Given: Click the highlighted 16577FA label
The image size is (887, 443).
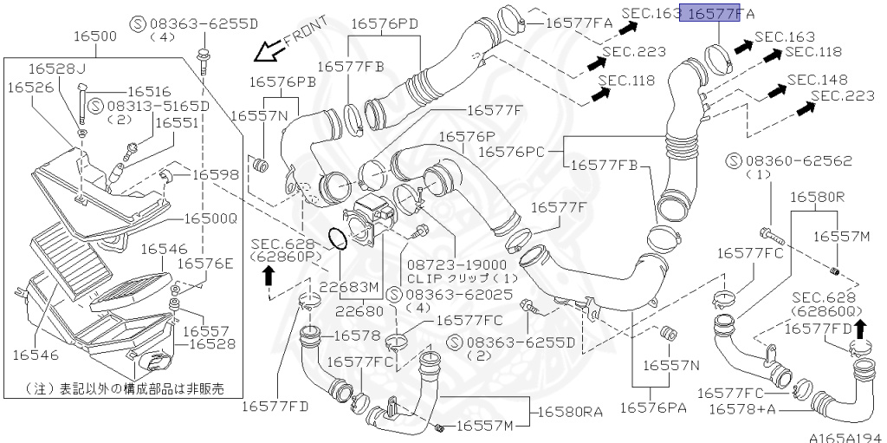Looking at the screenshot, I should click(715, 13).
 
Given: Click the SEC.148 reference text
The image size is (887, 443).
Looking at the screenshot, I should click(817, 80).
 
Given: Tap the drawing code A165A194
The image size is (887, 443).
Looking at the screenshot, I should click(845, 436).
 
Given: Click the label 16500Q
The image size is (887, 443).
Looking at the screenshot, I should click(210, 218).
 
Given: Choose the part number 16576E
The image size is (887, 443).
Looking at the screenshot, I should click(205, 264).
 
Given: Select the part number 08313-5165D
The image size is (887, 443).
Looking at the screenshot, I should click(159, 106).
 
